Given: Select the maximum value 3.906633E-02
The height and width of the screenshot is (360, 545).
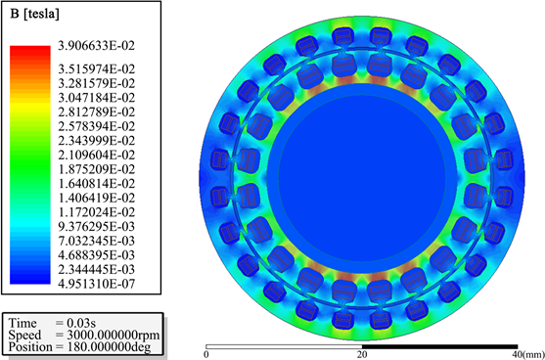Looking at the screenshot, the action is click(97, 46).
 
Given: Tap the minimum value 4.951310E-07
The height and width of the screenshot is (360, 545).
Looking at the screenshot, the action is click(97, 285).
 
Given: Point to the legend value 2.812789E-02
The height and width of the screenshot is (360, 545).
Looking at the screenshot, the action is click(97, 112).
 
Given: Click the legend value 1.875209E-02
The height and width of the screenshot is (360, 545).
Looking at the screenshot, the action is click(97, 169).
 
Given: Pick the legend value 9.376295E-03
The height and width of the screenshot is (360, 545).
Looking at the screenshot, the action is click(97, 226).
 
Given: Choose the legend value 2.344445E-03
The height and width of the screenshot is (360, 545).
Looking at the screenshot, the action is click(97, 269).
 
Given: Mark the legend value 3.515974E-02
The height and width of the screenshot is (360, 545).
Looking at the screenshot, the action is click(97, 68).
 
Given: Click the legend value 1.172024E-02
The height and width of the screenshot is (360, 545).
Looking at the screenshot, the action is click(97, 212).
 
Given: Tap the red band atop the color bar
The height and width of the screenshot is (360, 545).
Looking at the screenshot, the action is click(30, 51).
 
